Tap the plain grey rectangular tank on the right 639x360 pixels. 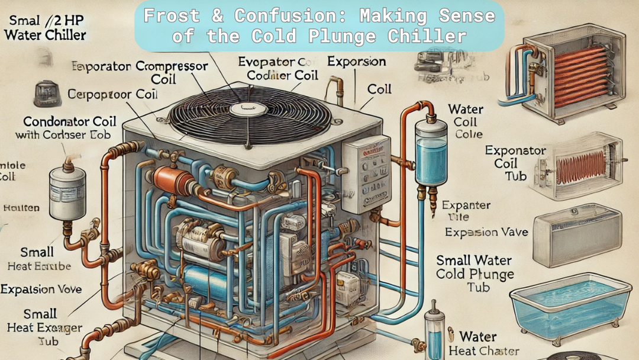click(577, 237)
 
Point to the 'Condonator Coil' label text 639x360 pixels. click(65, 121)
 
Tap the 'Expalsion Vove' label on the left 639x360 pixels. click(41, 290)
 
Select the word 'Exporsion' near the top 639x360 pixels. click(356, 62)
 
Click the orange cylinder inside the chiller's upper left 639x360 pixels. click(172, 177)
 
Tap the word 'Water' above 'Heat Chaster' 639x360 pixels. click(478, 337)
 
